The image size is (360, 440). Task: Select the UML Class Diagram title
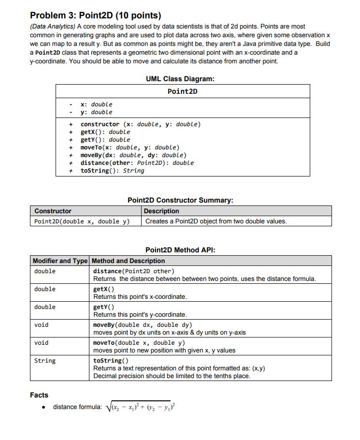tap(180, 79)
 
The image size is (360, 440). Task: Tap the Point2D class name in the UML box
tap(183, 91)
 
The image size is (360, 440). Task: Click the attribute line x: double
tap(96, 104)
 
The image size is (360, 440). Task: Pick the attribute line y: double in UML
tap(96, 112)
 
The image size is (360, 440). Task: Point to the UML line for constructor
tap(140, 124)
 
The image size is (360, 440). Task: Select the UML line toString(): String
tap(112, 171)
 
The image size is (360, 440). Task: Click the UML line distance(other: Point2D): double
tap(137, 163)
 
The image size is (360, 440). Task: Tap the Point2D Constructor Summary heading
tap(180, 200)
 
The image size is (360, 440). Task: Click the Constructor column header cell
tap(53, 211)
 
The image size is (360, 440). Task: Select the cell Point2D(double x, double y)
tap(82, 221)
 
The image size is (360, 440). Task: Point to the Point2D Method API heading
tap(180, 250)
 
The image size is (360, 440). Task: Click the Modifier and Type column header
tap(60, 261)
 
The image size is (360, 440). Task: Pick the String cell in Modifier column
tap(45, 361)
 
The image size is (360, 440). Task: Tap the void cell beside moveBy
tap(42, 325)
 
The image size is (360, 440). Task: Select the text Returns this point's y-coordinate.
tap(140, 314)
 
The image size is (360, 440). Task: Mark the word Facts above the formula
tap(39, 395)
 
